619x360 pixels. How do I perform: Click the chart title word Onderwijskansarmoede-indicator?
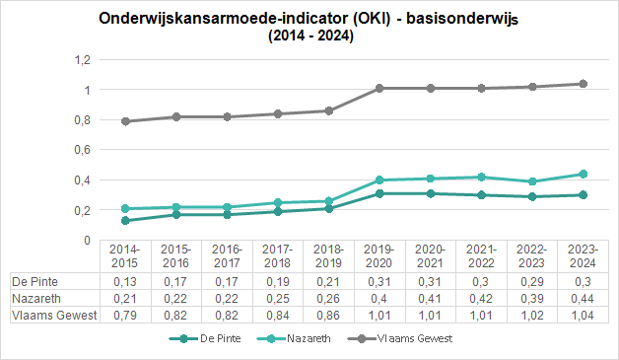(x=224, y=19)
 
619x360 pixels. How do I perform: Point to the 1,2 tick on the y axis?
(x=83, y=60)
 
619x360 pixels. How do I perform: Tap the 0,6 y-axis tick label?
(x=83, y=150)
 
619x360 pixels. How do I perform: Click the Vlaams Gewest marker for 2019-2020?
(x=379, y=88)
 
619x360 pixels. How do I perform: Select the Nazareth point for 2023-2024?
(x=583, y=174)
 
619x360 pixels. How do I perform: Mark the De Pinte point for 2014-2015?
(x=125, y=221)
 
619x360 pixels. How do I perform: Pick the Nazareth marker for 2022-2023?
(x=532, y=181)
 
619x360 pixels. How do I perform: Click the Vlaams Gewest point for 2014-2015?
(x=125, y=121)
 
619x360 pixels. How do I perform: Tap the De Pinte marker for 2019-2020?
(x=379, y=193)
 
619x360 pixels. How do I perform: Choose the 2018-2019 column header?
(x=328, y=256)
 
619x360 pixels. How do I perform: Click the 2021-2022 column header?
(x=481, y=256)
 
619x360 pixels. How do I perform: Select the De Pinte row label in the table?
(x=35, y=282)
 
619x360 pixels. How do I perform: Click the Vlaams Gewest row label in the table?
(x=54, y=316)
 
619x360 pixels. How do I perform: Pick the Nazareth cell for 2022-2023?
(x=532, y=299)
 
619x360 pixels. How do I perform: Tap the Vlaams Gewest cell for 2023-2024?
(x=583, y=316)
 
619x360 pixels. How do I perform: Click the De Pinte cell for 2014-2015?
(x=125, y=282)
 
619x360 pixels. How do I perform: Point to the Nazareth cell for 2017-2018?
(x=278, y=299)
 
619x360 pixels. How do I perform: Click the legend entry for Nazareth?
(x=294, y=338)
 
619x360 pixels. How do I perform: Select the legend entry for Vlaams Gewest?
(x=400, y=338)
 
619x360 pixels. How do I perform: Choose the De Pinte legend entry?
(x=205, y=338)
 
